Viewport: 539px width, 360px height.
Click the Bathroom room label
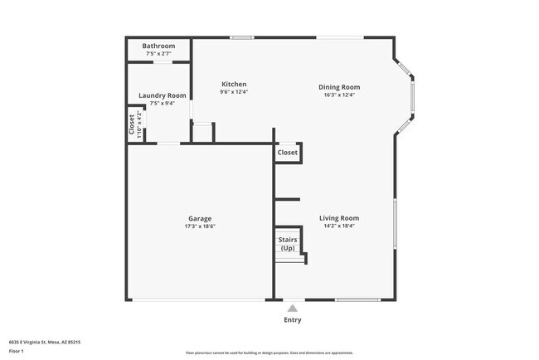(x=158, y=46)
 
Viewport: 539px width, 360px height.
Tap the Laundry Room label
(x=162, y=95)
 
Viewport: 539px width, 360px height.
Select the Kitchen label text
(x=234, y=84)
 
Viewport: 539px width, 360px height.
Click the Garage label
(x=198, y=218)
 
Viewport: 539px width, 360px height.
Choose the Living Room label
(x=339, y=218)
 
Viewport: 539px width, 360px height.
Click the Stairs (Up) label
(x=287, y=244)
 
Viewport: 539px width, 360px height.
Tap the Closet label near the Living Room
(x=288, y=153)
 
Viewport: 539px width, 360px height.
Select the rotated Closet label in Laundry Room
(x=131, y=124)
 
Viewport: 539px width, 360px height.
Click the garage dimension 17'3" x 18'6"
(x=198, y=226)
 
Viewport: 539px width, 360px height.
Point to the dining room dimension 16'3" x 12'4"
(x=339, y=95)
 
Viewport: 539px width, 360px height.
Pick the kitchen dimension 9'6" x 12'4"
(x=234, y=92)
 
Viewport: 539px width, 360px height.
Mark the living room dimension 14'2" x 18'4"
(x=339, y=226)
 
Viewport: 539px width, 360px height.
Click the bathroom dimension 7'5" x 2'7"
(x=158, y=54)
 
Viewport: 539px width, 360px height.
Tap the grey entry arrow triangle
(x=292, y=308)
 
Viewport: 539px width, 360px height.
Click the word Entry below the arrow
(x=293, y=320)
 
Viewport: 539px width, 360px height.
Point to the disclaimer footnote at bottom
(x=269, y=353)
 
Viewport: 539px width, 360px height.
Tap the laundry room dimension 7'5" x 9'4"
(x=162, y=104)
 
